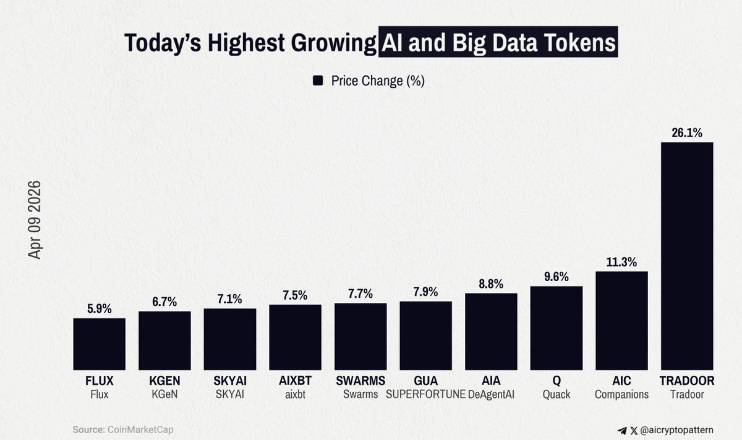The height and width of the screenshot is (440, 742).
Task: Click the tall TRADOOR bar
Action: (687, 256)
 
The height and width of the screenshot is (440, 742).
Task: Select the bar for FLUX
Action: (99, 344)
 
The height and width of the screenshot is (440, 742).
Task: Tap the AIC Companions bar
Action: (621, 321)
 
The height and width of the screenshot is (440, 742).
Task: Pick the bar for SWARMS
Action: (360, 336)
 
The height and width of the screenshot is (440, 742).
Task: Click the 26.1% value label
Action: (687, 132)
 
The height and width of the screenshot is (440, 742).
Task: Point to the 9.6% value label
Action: (556, 277)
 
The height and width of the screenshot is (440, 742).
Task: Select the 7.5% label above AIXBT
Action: (295, 295)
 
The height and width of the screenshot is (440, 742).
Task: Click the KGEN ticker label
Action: (164, 381)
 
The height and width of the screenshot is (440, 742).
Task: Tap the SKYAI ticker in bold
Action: (229, 381)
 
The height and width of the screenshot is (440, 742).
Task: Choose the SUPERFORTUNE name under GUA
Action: (426, 394)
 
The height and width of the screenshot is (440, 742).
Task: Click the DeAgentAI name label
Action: (491, 394)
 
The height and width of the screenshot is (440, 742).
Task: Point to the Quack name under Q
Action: (556, 394)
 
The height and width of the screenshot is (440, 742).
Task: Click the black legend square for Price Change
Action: (318, 81)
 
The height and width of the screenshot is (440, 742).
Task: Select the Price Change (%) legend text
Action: (377, 81)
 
